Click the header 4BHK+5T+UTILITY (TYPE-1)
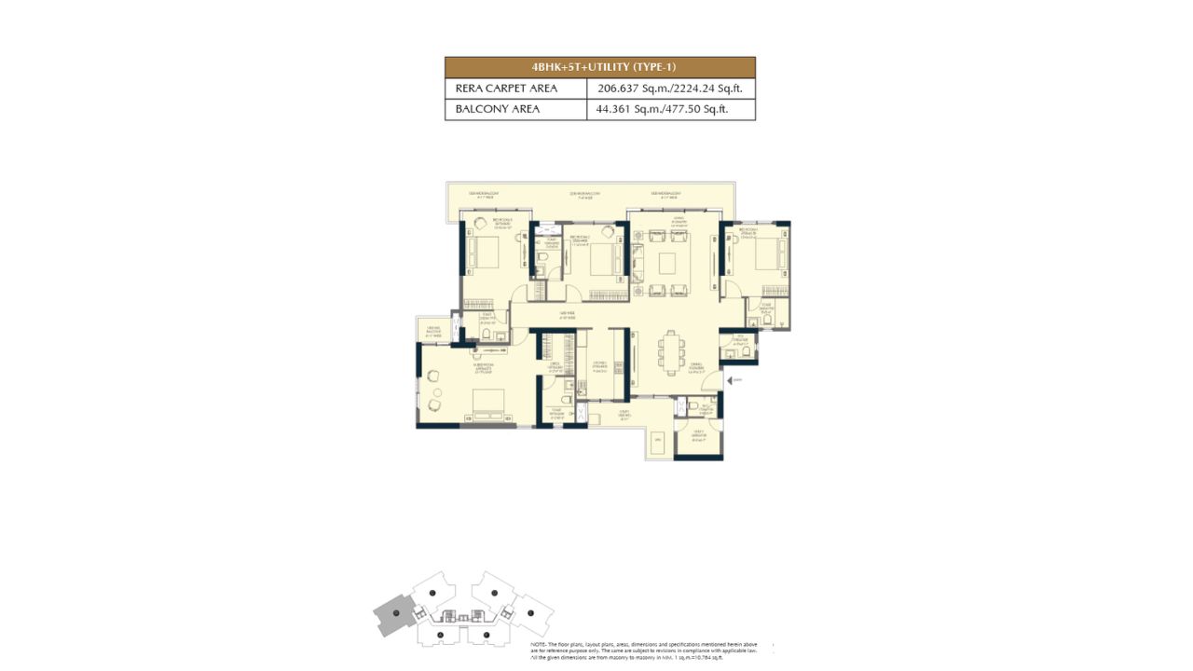(x=599, y=67)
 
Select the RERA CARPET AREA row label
(x=506, y=89)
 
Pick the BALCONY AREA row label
(x=498, y=110)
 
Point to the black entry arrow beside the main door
(x=735, y=380)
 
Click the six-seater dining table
(x=670, y=352)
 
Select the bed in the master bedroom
(x=487, y=404)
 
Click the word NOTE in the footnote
(x=538, y=645)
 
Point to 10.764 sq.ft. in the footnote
(x=732, y=658)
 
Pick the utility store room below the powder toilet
(x=698, y=437)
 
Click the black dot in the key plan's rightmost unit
(x=531, y=613)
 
